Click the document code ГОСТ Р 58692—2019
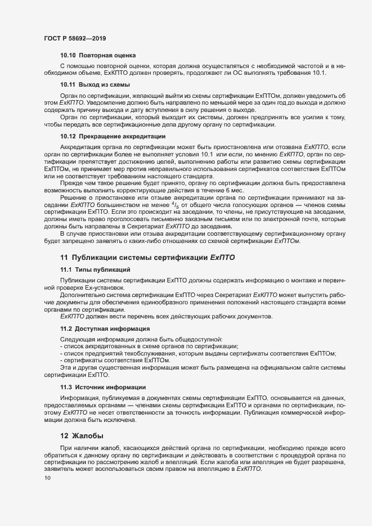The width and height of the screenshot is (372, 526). (x=74, y=38)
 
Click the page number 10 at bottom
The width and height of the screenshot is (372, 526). (x=47, y=478)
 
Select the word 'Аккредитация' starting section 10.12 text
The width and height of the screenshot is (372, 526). (x=79, y=147)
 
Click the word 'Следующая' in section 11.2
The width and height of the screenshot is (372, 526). (x=77, y=339)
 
